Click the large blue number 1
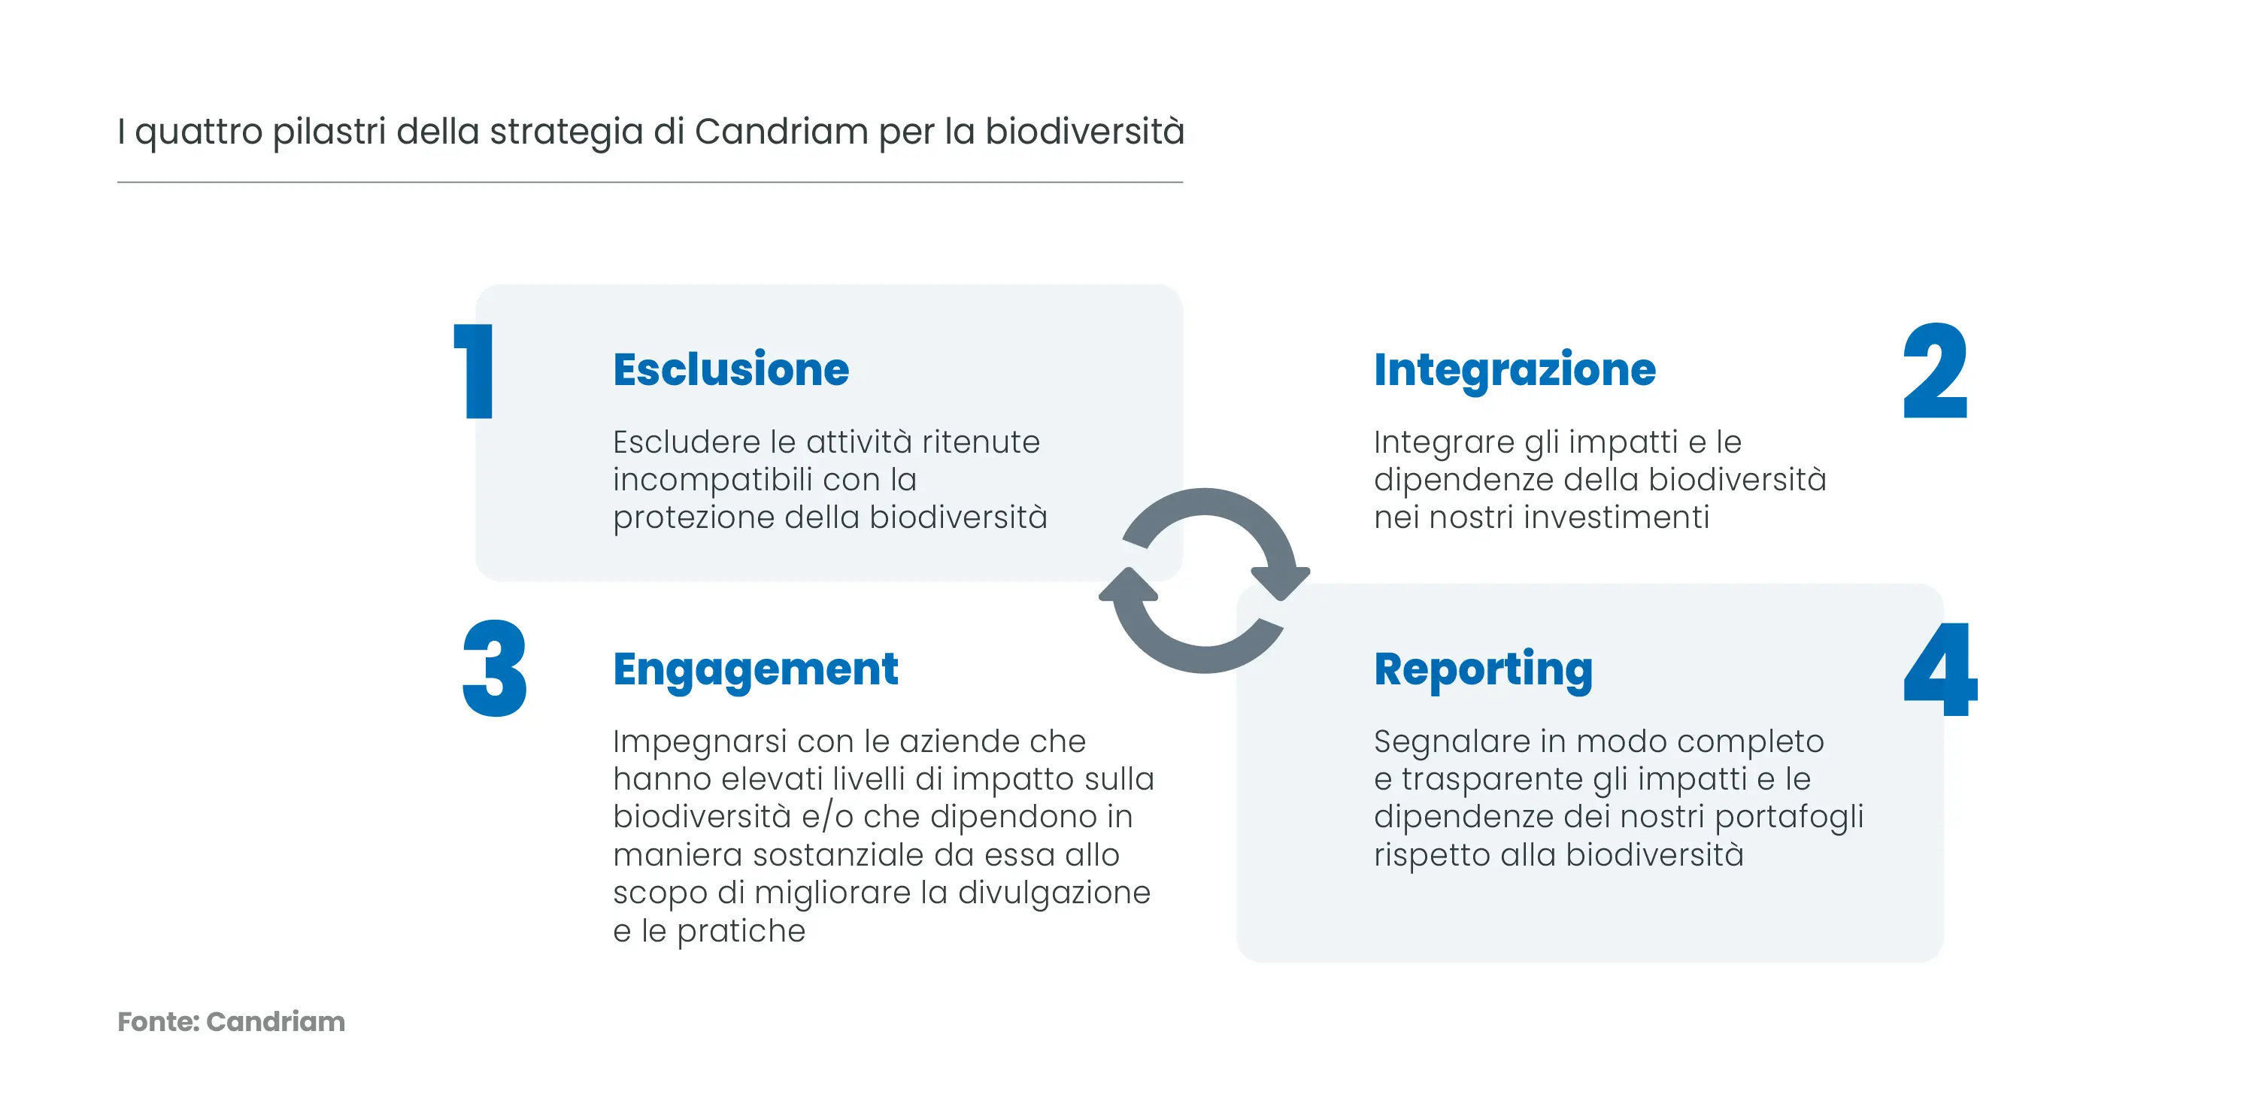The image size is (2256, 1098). point(474,372)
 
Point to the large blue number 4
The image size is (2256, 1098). point(1940,669)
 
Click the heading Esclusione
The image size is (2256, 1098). point(731,369)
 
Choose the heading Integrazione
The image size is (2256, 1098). point(1515,370)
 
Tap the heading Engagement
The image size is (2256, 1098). point(756,671)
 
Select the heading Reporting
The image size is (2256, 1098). point(1484,671)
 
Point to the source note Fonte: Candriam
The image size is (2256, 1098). point(231,1022)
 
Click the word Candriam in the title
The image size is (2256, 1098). point(781,132)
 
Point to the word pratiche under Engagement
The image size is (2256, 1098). point(741,932)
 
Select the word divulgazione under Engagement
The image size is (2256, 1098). point(1054,894)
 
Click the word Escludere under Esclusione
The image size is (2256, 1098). point(687,442)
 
